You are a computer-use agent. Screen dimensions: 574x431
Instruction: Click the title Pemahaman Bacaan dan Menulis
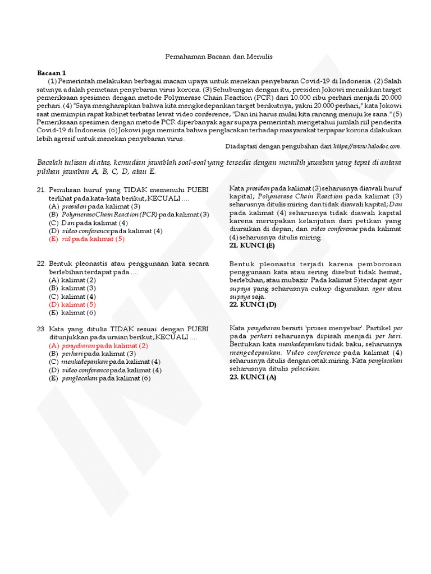click(219, 57)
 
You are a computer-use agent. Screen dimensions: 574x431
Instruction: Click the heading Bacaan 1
click(52, 73)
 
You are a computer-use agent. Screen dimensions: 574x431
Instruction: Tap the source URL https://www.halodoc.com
click(367, 146)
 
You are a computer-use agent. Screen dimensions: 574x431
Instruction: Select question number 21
click(41, 190)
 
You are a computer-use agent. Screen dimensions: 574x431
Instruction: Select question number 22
click(41, 263)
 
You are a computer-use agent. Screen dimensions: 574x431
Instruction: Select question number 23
click(41, 329)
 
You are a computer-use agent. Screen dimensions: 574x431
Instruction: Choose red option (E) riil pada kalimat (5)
click(86, 239)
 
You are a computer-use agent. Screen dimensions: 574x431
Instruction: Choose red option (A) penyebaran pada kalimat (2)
click(98, 346)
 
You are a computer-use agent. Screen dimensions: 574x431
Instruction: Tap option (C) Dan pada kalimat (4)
click(88, 223)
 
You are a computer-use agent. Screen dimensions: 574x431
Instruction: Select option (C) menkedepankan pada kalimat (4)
click(104, 362)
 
